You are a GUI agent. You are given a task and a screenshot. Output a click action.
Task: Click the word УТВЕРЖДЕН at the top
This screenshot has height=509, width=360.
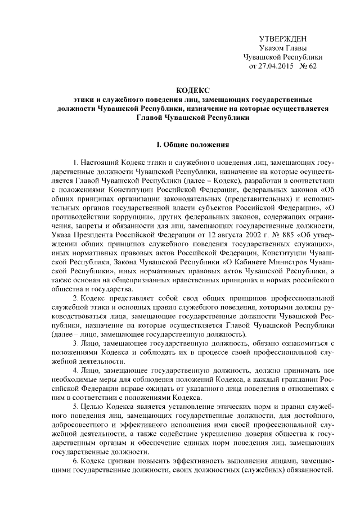click(x=282, y=39)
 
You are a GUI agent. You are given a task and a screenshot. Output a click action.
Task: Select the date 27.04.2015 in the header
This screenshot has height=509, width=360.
click(x=276, y=66)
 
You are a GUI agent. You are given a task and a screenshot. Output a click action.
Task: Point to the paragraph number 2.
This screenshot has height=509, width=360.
click(x=75, y=296)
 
